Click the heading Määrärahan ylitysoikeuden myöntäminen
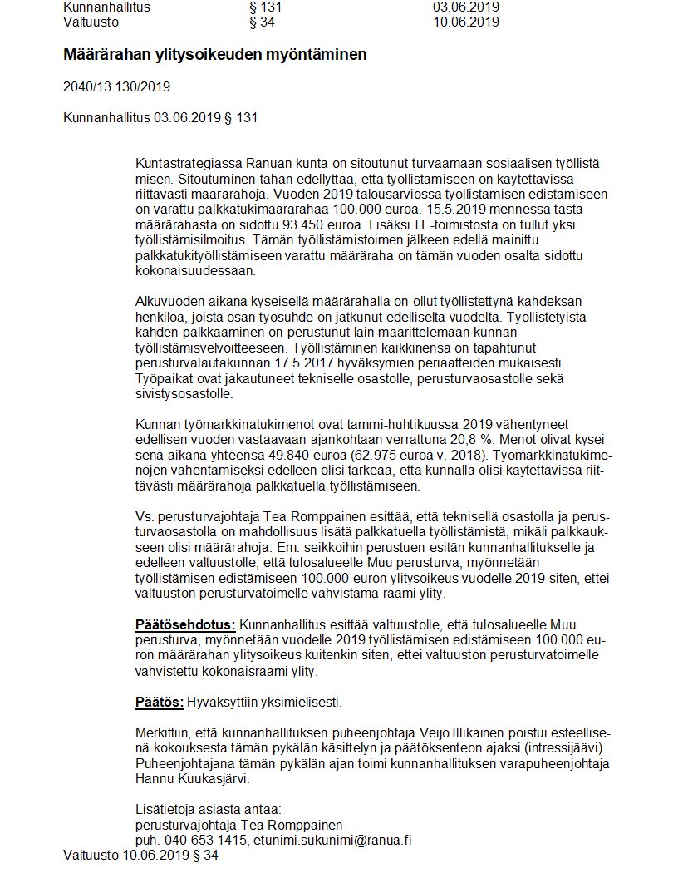tap(214, 55)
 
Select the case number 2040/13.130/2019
tap(116, 86)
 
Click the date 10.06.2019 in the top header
tap(466, 22)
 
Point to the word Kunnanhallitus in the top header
tap(106, 7)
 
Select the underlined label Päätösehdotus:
tap(185, 624)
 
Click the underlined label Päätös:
tap(160, 703)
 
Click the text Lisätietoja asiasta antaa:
tap(208, 810)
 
